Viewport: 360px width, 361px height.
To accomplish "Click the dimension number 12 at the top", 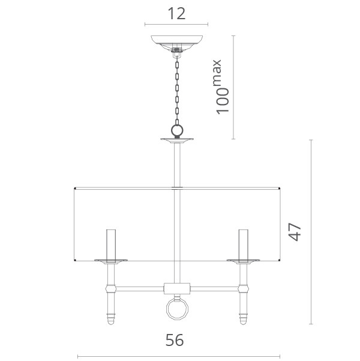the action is [x=176, y=14].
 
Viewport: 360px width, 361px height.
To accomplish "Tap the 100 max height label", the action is [x=222, y=87].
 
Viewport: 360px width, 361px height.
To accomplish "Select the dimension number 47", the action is [x=295, y=232].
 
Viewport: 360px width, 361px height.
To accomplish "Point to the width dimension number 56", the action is [x=175, y=340].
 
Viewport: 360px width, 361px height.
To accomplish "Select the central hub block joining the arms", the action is [x=177, y=288].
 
